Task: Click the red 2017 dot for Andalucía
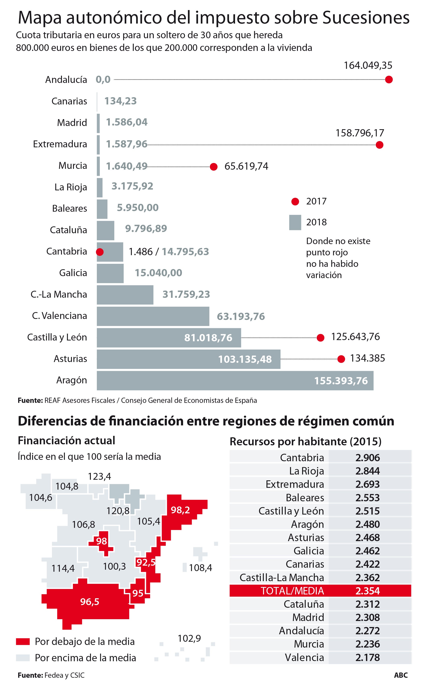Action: point(389,80)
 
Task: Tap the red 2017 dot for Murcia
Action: point(214,167)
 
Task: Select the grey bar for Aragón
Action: point(235,381)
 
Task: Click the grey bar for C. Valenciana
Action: point(153,316)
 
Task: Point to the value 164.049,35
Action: point(368,65)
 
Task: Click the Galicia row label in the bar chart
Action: point(73,273)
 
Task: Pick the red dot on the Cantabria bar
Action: point(100,252)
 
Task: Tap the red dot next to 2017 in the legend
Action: point(295,202)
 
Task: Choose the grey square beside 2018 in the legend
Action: point(295,222)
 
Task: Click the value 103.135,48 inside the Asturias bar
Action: point(245,359)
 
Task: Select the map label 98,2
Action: point(180,510)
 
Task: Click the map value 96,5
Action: point(90,602)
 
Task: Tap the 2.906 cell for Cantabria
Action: point(367,458)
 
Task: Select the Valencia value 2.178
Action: point(367,657)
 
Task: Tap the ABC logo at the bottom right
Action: point(401,676)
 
